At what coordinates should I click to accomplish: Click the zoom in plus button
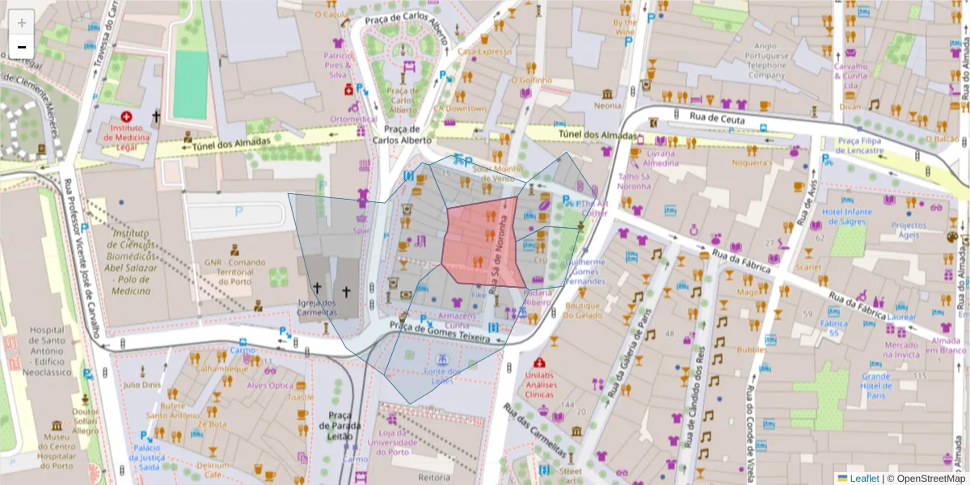[21, 22]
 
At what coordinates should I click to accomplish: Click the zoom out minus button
[21, 47]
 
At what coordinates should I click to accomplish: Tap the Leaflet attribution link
[864, 478]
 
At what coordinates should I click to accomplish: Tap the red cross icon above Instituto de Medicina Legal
[126, 117]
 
